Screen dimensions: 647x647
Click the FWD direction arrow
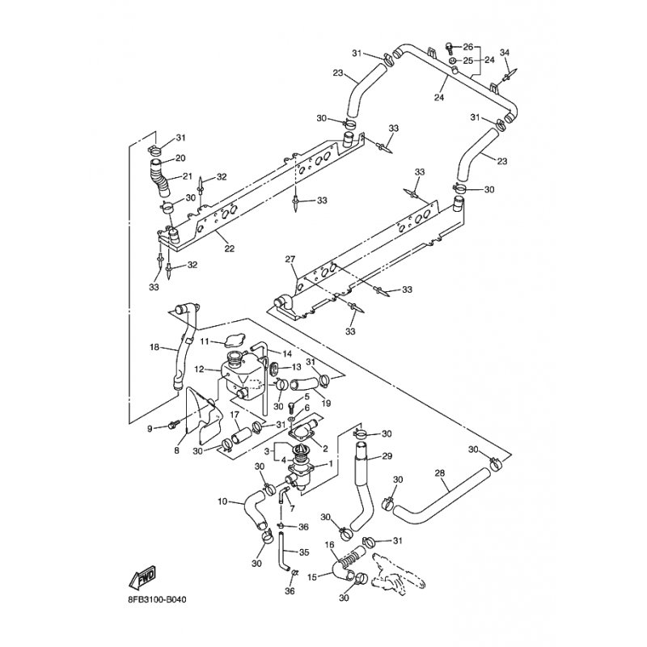142,576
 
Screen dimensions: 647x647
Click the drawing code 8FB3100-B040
158,599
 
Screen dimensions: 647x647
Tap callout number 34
505,53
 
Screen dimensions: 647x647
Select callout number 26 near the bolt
467,47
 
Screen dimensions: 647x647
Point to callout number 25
467,61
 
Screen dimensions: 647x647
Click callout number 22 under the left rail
230,248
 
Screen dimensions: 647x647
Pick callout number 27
290,259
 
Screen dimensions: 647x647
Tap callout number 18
154,347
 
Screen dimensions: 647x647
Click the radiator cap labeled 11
235,341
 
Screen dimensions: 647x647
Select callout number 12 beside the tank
199,370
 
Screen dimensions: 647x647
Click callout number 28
440,473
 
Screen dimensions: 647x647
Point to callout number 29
387,456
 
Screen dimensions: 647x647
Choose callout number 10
222,501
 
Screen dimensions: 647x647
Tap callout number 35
304,552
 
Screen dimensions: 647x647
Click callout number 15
312,577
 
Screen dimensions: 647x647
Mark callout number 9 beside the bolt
150,429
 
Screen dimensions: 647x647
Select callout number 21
188,176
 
